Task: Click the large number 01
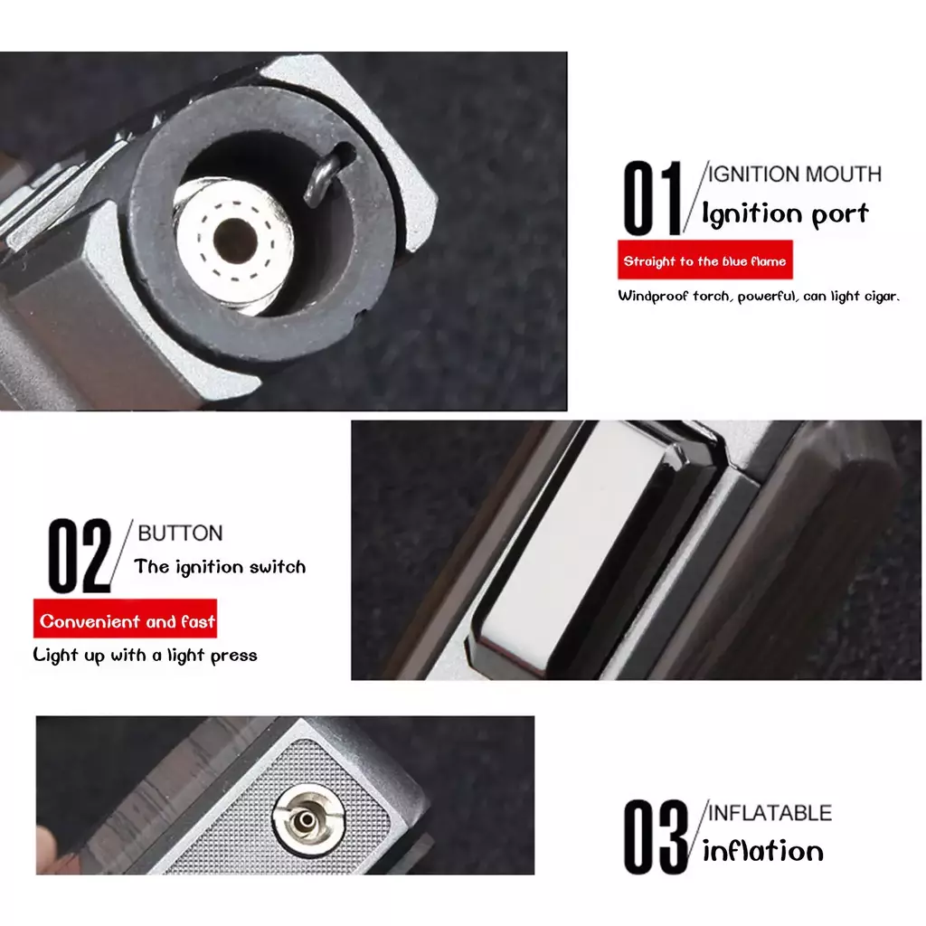[653, 198]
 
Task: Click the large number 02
[80, 555]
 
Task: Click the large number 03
[656, 836]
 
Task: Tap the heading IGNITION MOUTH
[794, 175]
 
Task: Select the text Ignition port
[786, 213]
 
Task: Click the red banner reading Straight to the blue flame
[705, 260]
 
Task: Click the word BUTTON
[180, 534]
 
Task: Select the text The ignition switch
[221, 567]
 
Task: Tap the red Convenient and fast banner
[125, 619]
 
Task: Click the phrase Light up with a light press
[146, 655]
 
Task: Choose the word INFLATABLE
[770, 813]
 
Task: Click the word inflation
[763, 851]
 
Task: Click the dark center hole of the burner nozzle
[235, 241]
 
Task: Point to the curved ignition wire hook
[326, 175]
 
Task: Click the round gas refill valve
[308, 819]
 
